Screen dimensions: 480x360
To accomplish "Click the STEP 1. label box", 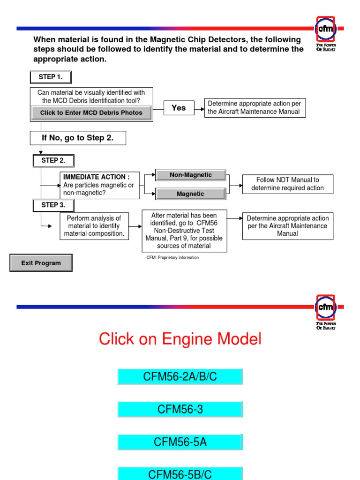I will point(51,77).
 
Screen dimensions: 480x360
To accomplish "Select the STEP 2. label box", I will point(53,161).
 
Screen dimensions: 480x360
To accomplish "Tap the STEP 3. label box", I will point(53,205).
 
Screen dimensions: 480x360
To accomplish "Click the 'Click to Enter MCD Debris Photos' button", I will point(91,113).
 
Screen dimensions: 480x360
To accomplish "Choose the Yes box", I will point(179,108).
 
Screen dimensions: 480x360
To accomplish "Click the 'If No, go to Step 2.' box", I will point(78,138).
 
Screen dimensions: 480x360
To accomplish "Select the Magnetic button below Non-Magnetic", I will point(190,194).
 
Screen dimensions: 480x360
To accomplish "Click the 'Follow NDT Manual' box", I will point(287,184).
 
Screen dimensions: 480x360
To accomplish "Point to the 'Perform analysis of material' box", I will point(94,226).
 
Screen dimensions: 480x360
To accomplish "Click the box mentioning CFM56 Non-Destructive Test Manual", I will point(184,231).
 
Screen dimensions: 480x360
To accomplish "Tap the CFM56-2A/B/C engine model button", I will point(180,377).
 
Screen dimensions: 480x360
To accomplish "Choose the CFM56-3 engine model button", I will point(180,409).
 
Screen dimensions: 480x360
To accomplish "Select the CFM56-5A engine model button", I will point(180,442).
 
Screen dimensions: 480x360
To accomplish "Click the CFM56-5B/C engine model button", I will point(180,473).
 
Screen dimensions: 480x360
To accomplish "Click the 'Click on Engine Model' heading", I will point(180,339).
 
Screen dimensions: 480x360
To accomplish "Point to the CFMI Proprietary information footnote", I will point(172,257).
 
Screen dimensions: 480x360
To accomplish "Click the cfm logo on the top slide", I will point(326,29).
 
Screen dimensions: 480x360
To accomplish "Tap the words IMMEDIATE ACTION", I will point(96,177).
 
